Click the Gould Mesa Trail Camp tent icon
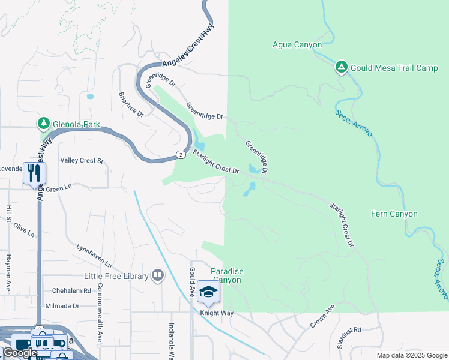(x=341, y=67)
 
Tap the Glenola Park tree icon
(x=43, y=124)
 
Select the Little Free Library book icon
(x=158, y=275)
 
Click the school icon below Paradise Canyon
(x=208, y=292)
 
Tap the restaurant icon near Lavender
(x=34, y=173)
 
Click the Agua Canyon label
(x=297, y=44)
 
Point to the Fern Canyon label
(x=394, y=214)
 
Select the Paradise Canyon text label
(x=228, y=276)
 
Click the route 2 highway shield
(x=180, y=155)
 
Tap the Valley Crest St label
(x=82, y=161)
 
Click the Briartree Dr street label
(x=131, y=104)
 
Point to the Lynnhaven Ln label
(x=94, y=256)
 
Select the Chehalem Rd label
(x=71, y=290)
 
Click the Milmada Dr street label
(x=62, y=306)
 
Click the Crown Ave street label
(x=322, y=316)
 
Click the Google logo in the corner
(x=19, y=353)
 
